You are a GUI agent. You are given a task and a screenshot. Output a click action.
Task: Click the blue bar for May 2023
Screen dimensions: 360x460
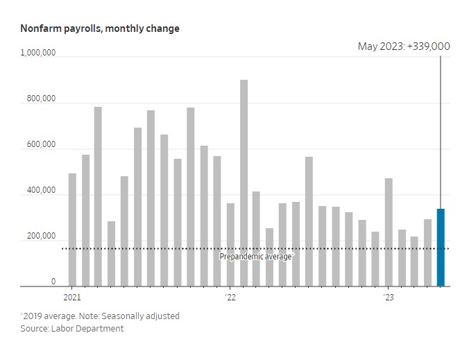(x=441, y=247)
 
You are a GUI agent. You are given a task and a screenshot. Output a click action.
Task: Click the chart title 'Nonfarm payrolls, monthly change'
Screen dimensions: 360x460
(x=100, y=28)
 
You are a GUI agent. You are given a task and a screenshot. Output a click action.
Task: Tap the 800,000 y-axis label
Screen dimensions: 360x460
(x=40, y=99)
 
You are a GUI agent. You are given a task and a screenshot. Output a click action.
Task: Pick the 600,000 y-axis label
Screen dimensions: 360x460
(x=40, y=145)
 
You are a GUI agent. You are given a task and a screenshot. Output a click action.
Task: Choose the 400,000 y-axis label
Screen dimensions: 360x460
(x=40, y=191)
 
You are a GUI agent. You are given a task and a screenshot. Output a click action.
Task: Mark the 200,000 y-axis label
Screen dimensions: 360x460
(x=40, y=237)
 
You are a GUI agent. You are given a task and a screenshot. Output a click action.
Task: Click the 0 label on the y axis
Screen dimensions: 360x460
(x=53, y=282)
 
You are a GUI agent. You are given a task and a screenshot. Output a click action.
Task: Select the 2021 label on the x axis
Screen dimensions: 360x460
(x=72, y=298)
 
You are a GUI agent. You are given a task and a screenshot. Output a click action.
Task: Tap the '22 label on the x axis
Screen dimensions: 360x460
(x=230, y=298)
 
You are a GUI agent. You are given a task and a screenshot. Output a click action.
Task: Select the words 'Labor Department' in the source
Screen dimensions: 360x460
(x=88, y=328)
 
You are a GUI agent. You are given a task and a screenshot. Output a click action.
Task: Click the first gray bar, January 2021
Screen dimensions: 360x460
(x=72, y=230)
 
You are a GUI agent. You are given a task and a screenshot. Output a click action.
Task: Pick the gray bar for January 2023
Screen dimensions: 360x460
(x=389, y=232)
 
